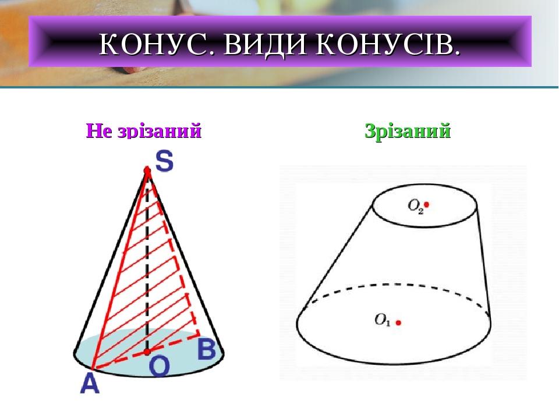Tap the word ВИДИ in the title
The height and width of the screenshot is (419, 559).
point(264,44)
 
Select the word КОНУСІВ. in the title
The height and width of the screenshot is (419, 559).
point(388,44)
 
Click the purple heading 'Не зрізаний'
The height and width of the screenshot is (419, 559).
point(144,130)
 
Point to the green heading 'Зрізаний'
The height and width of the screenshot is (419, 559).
point(408,131)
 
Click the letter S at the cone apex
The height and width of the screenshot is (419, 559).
point(164,161)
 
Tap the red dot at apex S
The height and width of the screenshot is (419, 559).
point(147,171)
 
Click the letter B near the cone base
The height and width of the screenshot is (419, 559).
point(207,349)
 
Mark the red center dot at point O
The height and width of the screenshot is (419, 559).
point(147,352)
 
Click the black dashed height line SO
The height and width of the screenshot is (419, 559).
point(147,261)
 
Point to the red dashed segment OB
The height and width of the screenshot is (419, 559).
point(174,343)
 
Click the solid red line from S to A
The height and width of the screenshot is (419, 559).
point(120,270)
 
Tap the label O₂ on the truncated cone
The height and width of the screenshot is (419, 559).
point(415,205)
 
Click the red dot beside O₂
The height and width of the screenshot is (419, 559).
point(426,204)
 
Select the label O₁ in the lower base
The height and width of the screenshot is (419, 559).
point(383,319)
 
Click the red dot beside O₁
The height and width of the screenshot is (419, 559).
point(398,323)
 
